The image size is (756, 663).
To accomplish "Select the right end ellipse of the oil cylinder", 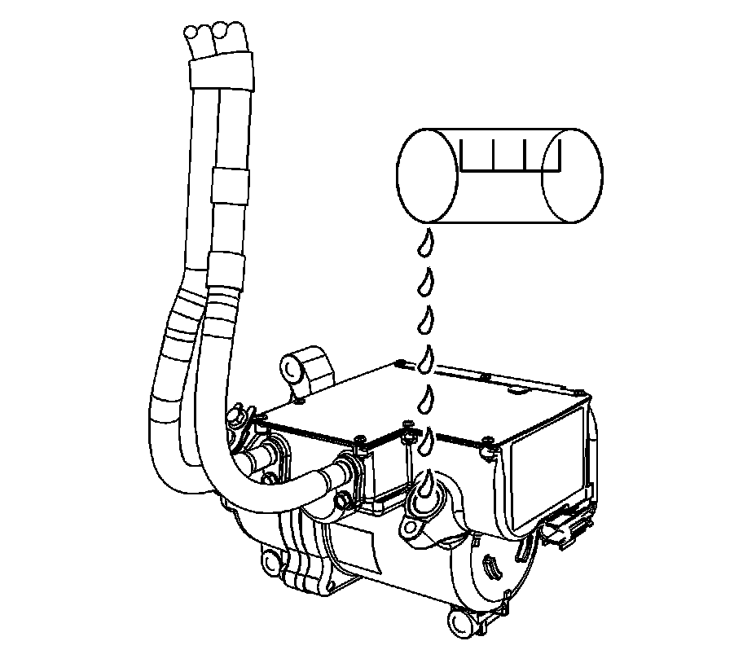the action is [572, 175].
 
